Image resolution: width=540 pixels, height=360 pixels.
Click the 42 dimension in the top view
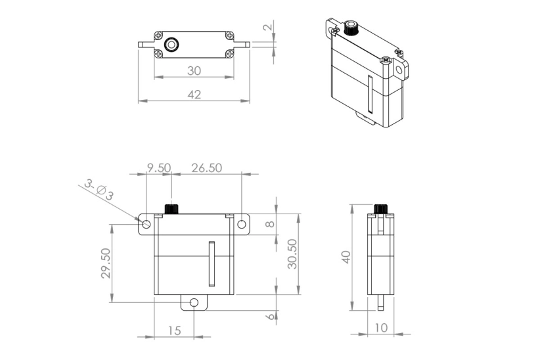pos(194,95)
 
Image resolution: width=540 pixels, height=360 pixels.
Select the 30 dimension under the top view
pos(194,70)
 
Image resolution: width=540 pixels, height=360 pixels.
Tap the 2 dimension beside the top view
pos(267,28)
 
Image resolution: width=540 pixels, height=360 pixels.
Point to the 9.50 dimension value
pos(158,168)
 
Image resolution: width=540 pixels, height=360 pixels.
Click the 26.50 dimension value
pos(206,168)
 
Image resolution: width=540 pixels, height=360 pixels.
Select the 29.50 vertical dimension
pos(106,263)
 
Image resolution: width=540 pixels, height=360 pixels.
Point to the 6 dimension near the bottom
pos(269,317)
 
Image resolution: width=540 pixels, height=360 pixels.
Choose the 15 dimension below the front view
pos(173,330)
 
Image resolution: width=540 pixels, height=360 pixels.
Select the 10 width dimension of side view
pos(380,327)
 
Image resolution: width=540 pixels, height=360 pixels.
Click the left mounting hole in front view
pos(146,225)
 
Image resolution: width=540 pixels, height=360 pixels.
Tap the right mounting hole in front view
pos(241,225)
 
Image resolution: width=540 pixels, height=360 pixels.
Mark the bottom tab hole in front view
pos(194,303)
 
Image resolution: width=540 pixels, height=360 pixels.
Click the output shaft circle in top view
pos(172,45)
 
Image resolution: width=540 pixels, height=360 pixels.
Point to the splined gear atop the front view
pos(171,210)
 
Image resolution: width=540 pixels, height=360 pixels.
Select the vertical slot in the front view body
pos(212,264)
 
